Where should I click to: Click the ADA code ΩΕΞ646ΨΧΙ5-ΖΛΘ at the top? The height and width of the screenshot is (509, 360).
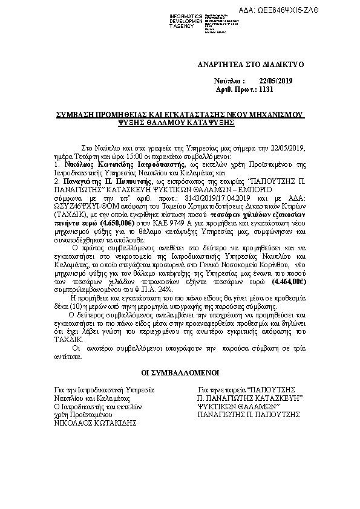315,11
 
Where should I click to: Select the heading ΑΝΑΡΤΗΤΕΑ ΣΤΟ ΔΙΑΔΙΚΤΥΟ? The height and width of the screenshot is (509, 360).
250,64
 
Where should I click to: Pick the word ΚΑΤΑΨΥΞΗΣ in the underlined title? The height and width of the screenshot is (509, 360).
207,122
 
